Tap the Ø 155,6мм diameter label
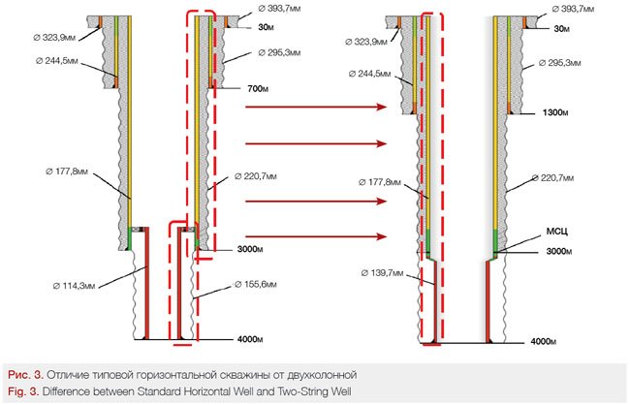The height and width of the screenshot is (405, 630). point(260,286)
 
